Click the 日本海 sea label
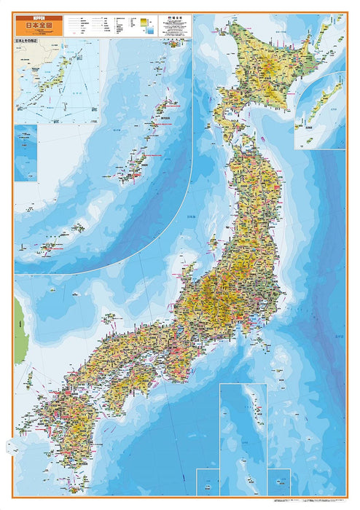[191, 217]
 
